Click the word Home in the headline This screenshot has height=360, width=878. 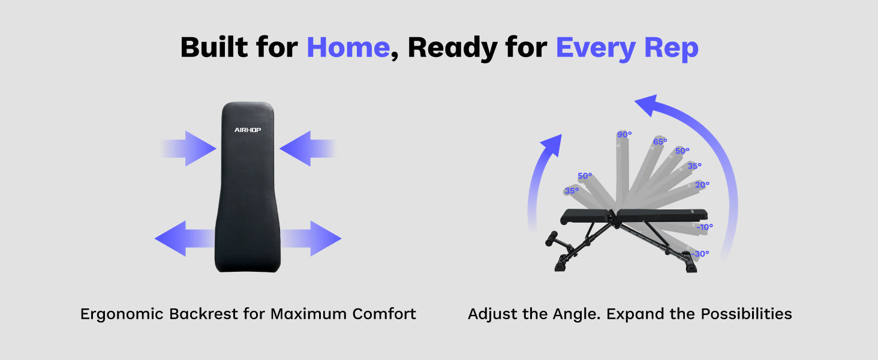click(x=348, y=47)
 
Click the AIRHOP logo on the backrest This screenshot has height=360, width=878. click(x=248, y=130)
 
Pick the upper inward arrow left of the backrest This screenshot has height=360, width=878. click(x=188, y=149)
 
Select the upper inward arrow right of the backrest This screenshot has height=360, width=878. click(x=308, y=149)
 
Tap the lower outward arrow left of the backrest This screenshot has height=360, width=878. click(x=185, y=238)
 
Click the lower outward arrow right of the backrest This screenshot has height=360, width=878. click(x=311, y=238)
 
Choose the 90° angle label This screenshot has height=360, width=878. click(x=624, y=134)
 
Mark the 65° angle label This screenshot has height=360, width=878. click(x=660, y=142)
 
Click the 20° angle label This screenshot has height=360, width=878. click(x=702, y=185)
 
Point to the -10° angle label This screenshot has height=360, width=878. click(x=705, y=227)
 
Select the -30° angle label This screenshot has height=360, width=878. click(x=700, y=254)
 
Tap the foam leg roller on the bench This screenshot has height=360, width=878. click(x=551, y=238)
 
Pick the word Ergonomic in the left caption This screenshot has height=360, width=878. click(x=122, y=314)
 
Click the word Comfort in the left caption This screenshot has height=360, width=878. click(x=384, y=314)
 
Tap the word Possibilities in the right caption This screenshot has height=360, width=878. click(x=746, y=314)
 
